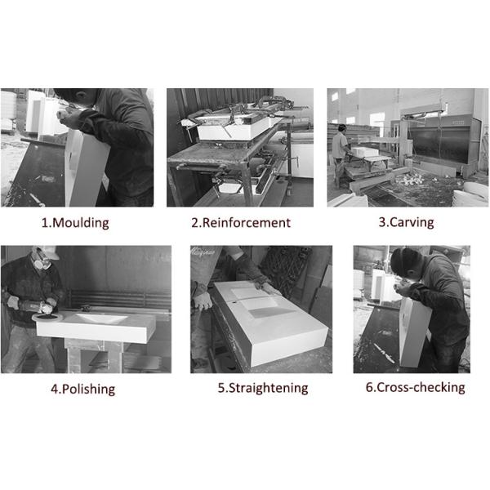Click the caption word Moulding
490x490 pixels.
click(x=81, y=223)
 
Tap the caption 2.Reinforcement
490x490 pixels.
click(x=241, y=223)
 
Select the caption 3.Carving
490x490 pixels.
click(x=406, y=222)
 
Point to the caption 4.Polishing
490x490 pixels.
click(x=83, y=389)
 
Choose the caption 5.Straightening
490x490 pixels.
click(x=263, y=388)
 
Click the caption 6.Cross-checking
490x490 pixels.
click(x=416, y=387)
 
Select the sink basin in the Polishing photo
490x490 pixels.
click(x=102, y=318)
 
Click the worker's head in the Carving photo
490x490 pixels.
click(x=342, y=128)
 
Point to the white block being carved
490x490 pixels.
click(x=365, y=152)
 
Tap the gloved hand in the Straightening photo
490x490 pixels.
click(x=203, y=301)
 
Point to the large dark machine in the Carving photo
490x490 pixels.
click(x=442, y=140)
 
